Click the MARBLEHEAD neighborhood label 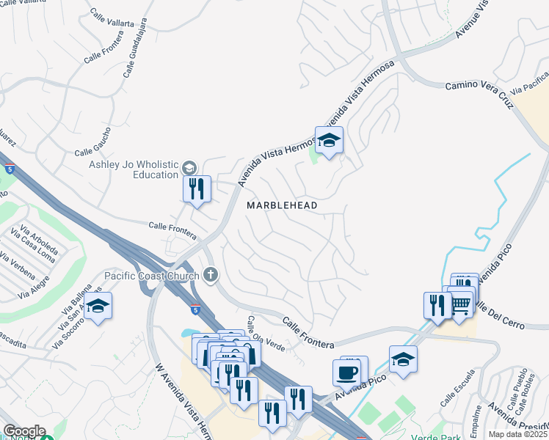tap(282, 205)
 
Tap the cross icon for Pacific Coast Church tap(210, 276)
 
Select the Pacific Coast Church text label tap(152, 276)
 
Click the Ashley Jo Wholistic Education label tap(134, 169)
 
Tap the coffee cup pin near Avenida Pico tap(346, 372)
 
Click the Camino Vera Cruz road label tap(478, 95)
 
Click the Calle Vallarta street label tap(112, 18)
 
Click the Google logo tap(24, 431)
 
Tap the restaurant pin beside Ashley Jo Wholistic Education tap(197, 189)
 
